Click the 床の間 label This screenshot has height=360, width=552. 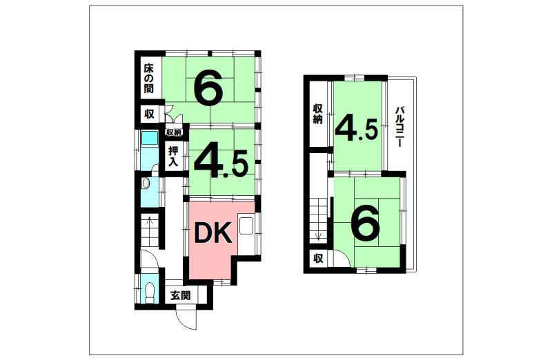click(x=148, y=78)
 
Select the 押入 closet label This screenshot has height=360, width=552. click(x=173, y=157)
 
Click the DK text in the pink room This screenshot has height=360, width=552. click(x=213, y=232)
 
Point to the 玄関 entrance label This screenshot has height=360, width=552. click(x=181, y=295)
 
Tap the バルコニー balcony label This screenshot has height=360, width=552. click(x=399, y=126)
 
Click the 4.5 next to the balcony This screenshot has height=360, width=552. click(x=357, y=130)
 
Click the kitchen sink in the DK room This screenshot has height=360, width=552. click(x=246, y=226)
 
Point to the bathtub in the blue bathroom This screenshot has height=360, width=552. click(x=150, y=139)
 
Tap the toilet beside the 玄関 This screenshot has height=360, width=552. click(x=150, y=293)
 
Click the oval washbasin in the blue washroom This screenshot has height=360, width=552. click(x=146, y=183)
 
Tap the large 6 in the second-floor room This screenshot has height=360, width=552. click(x=366, y=223)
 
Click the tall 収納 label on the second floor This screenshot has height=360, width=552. click(x=317, y=114)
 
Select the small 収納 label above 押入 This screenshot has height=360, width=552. click(x=174, y=132)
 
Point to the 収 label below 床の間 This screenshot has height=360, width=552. click(x=149, y=114)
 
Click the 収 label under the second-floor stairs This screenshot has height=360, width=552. click(x=318, y=259)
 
